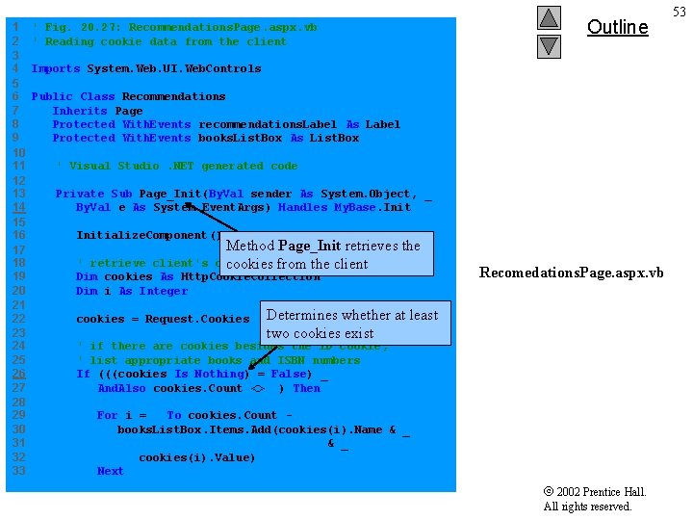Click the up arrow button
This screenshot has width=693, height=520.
tap(549, 18)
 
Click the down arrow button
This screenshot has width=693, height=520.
tap(549, 45)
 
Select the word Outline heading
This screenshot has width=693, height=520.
tap(617, 27)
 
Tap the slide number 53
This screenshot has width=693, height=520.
tap(680, 12)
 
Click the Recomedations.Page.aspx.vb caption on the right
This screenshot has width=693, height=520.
tap(571, 273)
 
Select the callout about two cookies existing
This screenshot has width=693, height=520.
tap(352, 324)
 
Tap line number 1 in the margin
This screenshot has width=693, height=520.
tap(15, 27)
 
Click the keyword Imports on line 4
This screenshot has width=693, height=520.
tap(55, 68)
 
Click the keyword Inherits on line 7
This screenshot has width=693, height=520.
tap(80, 111)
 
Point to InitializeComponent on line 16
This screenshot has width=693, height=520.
tap(141, 235)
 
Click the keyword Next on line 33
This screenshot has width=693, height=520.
tap(110, 471)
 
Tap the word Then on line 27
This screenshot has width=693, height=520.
tap(306, 388)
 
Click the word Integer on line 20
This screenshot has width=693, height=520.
tap(163, 291)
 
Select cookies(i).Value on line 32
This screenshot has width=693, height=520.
tap(196, 457)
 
